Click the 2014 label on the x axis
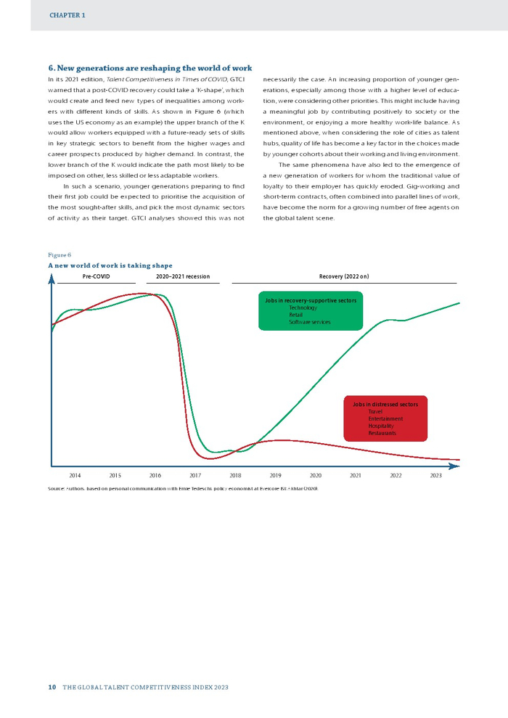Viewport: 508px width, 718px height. pyautogui.click(x=75, y=476)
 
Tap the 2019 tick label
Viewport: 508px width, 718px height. pyautogui.click(x=275, y=476)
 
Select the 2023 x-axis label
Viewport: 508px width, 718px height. pyautogui.click(x=435, y=476)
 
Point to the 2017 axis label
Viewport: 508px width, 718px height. pyautogui.click(x=195, y=476)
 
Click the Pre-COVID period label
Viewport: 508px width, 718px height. pyautogui.click(x=96, y=277)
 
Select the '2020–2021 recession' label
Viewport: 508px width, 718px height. pyautogui.click(x=183, y=277)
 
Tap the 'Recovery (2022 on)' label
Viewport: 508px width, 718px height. pyautogui.click(x=344, y=277)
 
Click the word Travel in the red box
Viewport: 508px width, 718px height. pyautogui.click(x=375, y=411)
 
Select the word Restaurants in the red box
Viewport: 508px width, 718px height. pyautogui.click(x=382, y=433)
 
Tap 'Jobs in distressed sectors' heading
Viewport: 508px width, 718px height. pyautogui.click(x=385, y=404)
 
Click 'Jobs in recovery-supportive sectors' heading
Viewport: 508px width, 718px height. pyautogui.click(x=311, y=300)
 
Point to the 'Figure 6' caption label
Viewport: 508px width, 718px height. pyautogui.click(x=60, y=255)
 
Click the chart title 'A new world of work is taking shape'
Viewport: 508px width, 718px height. pyautogui.click(x=110, y=265)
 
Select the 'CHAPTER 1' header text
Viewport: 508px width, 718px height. pyautogui.click(x=67, y=15)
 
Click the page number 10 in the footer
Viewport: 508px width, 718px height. pyautogui.click(x=52, y=687)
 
